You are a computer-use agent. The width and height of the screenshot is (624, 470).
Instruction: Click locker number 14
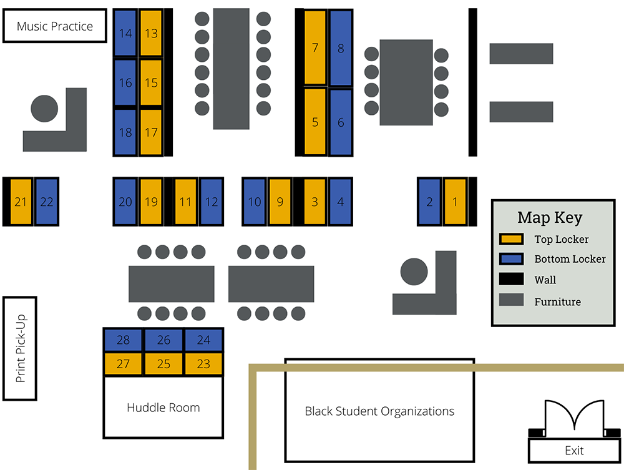click(x=125, y=33)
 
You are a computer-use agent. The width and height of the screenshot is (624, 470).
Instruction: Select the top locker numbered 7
click(x=315, y=47)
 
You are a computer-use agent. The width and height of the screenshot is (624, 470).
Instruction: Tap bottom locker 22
click(x=46, y=202)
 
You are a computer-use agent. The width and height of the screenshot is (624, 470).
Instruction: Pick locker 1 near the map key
click(x=455, y=202)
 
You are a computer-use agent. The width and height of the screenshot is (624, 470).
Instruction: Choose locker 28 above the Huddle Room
click(x=123, y=340)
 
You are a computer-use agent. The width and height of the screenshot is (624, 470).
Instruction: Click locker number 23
click(x=203, y=364)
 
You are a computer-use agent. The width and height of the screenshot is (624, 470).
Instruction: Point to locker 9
click(x=280, y=202)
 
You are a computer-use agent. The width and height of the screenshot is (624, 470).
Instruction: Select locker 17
click(x=151, y=132)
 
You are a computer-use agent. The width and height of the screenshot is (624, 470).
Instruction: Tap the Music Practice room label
click(x=55, y=26)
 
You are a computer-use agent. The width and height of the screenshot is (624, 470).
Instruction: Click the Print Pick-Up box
click(x=20, y=348)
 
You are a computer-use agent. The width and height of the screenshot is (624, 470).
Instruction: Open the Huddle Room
click(x=163, y=408)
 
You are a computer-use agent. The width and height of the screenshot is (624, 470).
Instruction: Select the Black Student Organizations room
click(x=379, y=411)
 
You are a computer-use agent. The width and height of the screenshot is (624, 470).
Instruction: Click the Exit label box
click(x=574, y=450)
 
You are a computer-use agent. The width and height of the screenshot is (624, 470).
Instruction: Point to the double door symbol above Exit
click(x=574, y=417)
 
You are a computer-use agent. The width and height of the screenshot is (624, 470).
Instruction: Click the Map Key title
click(x=550, y=217)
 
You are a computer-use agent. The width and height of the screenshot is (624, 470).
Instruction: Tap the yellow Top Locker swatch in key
click(x=511, y=239)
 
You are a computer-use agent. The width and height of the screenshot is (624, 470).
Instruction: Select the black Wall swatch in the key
click(x=511, y=280)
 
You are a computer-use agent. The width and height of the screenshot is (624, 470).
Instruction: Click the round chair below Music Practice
click(x=44, y=109)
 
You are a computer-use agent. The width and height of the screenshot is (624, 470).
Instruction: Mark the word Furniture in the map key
click(x=557, y=301)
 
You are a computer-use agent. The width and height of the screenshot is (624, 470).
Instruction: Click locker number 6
click(x=341, y=122)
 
